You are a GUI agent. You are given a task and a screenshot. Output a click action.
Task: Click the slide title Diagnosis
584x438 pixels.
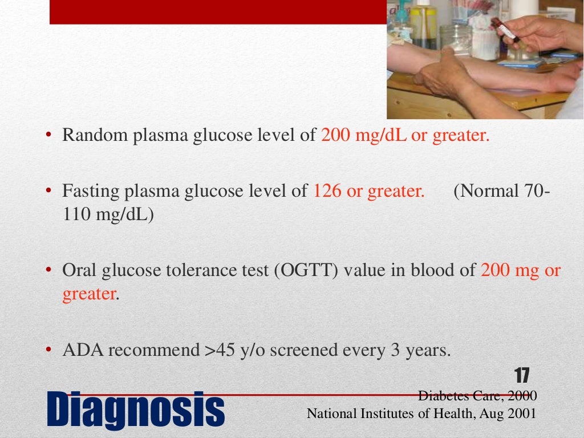pos(135,409)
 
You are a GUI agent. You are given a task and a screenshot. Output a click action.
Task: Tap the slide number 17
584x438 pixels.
pos(522,376)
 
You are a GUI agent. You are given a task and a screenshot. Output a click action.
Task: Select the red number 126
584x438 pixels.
pos(327,192)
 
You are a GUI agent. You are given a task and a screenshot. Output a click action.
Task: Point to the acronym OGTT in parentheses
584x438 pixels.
pos(306,271)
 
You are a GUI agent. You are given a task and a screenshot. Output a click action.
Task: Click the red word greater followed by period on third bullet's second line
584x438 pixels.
pos(89,295)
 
